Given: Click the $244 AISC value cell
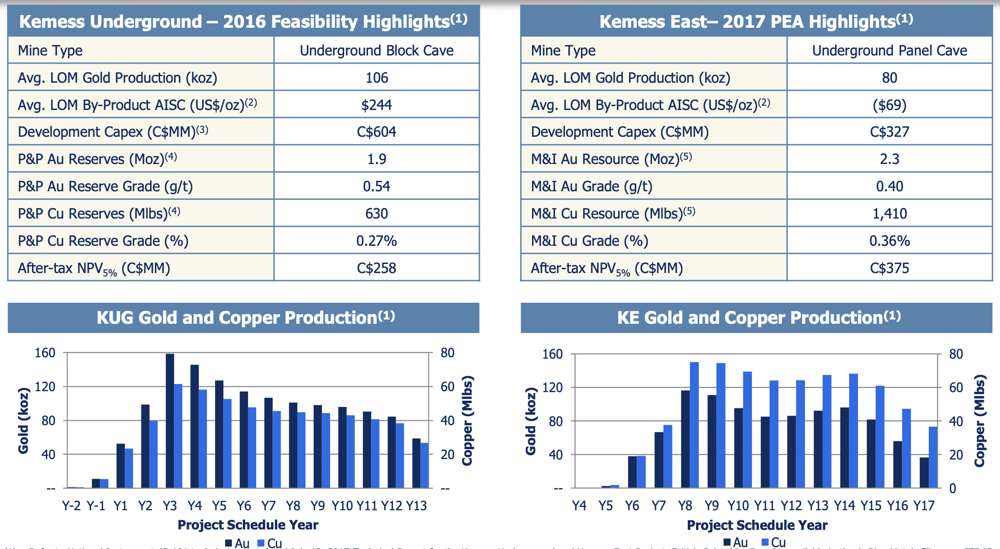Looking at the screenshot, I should click(377, 105).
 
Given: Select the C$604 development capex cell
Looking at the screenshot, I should click(377, 132).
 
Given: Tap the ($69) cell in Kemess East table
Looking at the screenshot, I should click(890, 105).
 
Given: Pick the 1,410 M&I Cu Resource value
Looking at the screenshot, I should click(890, 213).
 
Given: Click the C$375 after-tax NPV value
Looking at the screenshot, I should click(890, 268).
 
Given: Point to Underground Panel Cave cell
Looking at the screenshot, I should click(890, 50).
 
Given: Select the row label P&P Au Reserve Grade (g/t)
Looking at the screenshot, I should click(105, 186).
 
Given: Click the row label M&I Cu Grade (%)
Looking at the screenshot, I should click(589, 241).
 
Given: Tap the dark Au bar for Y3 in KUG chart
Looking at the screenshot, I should click(170, 421).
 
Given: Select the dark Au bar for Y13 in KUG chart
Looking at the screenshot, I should click(416, 463).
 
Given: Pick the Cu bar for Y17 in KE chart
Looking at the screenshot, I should click(933, 457).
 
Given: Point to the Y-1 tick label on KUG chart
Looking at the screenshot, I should click(96, 505).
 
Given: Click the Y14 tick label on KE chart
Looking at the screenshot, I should click(844, 505).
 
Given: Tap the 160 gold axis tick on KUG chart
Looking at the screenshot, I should click(45, 353).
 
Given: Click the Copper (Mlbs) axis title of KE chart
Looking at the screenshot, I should click(979, 420).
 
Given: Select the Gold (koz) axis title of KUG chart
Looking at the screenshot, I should click(23, 420).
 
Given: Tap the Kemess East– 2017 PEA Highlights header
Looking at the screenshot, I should click(756, 22).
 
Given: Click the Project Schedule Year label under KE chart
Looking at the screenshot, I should click(757, 525).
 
